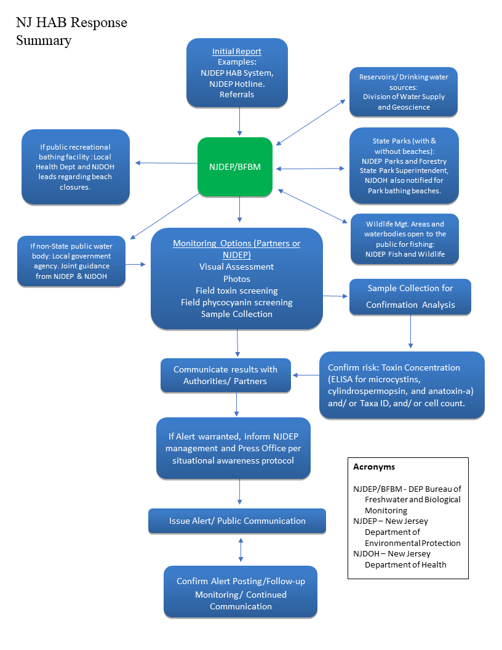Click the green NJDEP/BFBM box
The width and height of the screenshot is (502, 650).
pos(235,167)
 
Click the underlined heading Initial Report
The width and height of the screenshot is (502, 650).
pos(237,52)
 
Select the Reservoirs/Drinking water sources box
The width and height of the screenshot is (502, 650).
pos(404,92)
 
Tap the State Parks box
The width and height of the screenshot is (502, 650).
pos(404,166)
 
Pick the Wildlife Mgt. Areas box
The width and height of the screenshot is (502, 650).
pos(404,239)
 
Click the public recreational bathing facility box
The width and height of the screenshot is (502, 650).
pos(76,167)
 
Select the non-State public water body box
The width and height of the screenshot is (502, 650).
pos(71,261)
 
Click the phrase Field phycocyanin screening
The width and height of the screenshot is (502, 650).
pos(237,302)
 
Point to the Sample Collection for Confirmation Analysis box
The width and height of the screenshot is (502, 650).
pos(410,297)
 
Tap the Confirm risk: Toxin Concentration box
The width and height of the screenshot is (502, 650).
pos(402,385)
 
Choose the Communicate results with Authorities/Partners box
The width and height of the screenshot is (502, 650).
pos(225,375)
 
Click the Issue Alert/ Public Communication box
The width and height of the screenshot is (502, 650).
pos(237,521)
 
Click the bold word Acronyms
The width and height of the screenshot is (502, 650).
pos(374,467)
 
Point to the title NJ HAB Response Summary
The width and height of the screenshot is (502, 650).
pos(71,31)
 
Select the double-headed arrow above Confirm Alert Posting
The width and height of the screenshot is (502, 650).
pos(241,549)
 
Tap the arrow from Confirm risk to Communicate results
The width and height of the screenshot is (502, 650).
pos(306,375)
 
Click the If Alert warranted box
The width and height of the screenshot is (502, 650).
pos(233,448)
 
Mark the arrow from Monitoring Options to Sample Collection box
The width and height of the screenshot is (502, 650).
pos(336,296)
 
